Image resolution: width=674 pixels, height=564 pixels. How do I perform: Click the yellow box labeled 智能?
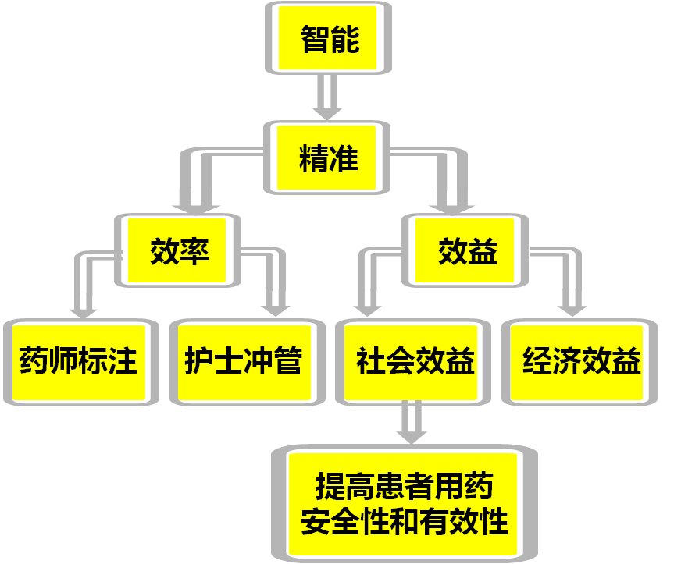click(x=328, y=39)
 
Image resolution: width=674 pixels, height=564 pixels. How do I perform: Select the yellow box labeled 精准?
click(x=328, y=160)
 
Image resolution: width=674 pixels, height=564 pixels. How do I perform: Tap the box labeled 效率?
click(x=179, y=251)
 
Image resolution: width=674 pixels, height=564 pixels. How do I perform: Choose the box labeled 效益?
click(x=465, y=251)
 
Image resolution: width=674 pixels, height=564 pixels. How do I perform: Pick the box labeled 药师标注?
click(x=78, y=362)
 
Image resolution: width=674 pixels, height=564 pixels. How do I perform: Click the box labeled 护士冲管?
click(x=244, y=362)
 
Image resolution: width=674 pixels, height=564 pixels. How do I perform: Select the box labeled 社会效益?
click(x=414, y=362)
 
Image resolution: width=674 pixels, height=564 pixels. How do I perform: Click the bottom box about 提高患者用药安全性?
click(x=405, y=503)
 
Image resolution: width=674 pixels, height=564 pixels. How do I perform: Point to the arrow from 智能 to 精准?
click(x=327, y=97)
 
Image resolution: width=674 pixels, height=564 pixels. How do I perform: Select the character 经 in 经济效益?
click(x=537, y=362)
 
